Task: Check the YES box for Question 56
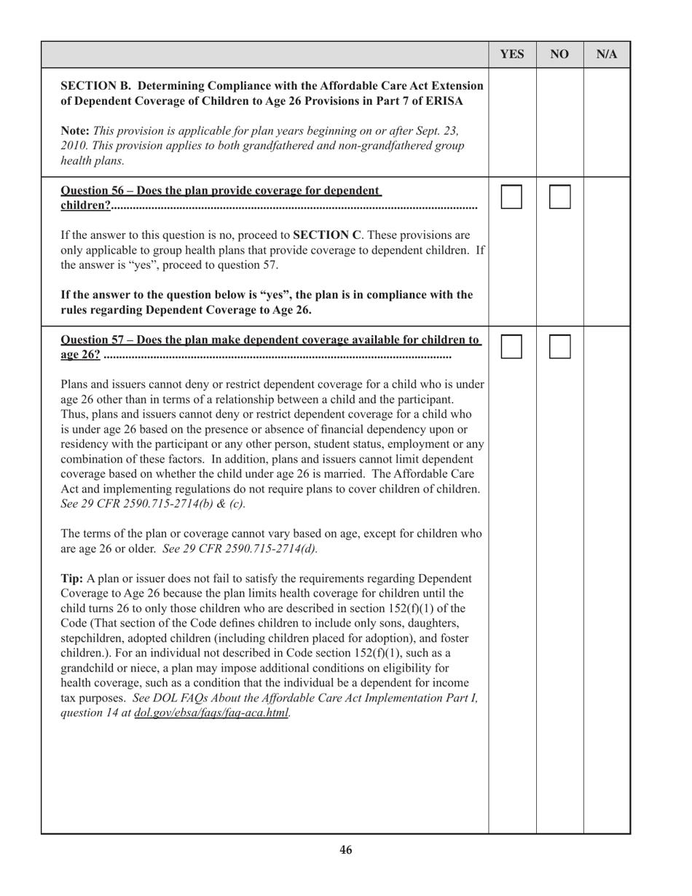point(511,197)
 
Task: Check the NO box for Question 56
point(559,197)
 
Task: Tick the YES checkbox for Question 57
point(511,347)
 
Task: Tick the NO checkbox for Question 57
point(559,347)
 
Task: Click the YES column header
point(512,55)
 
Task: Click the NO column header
point(559,55)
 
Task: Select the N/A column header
point(607,55)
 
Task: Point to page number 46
point(346,850)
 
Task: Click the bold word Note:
point(75,130)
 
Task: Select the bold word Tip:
point(72,578)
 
